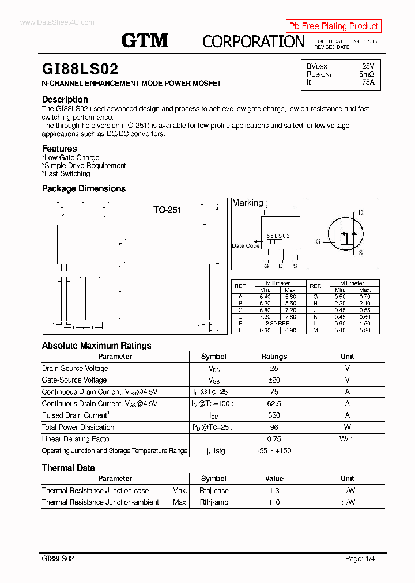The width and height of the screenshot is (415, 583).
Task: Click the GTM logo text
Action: pyautogui.click(x=145, y=40)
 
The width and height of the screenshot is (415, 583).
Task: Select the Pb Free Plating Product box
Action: pyautogui.click(x=333, y=26)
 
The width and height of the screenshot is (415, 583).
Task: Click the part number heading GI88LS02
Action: pyautogui.click(x=80, y=69)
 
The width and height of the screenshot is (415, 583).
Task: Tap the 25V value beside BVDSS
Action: pyautogui.click(x=368, y=66)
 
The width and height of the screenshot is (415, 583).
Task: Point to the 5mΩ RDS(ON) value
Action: pyautogui.click(x=367, y=74)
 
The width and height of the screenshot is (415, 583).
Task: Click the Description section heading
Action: pyautogui.click(x=65, y=99)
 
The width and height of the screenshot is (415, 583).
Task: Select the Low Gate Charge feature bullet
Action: pyautogui.click(x=71, y=157)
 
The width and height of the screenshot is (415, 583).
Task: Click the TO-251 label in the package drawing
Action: pyautogui.click(x=167, y=210)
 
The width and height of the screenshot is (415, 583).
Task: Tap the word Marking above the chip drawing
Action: pyautogui.click(x=247, y=203)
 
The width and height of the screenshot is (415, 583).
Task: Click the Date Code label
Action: pyautogui.click(x=246, y=246)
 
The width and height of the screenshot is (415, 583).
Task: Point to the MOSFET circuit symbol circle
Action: pyautogui.click(x=345, y=234)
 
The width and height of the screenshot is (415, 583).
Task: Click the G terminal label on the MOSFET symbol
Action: pyautogui.click(x=318, y=241)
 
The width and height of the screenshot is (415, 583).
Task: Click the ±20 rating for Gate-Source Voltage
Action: pyautogui.click(x=274, y=380)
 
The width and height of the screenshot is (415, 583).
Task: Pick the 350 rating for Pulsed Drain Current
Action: pyautogui.click(x=274, y=415)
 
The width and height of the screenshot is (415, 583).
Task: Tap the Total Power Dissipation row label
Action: pyautogui.click(x=78, y=427)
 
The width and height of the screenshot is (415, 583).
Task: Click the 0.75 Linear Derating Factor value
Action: pyautogui.click(x=274, y=439)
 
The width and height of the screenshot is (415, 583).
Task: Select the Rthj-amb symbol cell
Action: pyautogui.click(x=214, y=502)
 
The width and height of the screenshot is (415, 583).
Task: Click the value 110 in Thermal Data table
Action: pyautogui.click(x=274, y=502)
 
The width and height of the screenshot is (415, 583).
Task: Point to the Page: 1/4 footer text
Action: pyautogui.click(x=360, y=558)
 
